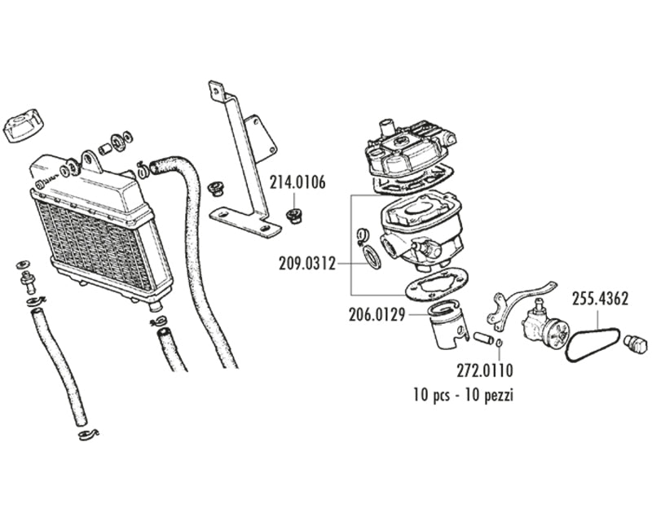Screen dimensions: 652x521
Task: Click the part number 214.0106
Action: [x=297, y=182]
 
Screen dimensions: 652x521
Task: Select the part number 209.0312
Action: [x=307, y=264]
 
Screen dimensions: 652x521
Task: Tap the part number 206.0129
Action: [x=377, y=315]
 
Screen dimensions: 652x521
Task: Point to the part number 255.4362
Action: [x=600, y=299]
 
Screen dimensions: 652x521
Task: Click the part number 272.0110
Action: [x=485, y=370]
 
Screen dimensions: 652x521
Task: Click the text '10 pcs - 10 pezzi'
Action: [x=463, y=394]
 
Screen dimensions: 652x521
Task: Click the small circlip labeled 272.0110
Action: [x=500, y=342]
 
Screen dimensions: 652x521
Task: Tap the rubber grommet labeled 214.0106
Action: [x=294, y=216]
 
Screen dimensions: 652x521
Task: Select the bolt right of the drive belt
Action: [x=635, y=344]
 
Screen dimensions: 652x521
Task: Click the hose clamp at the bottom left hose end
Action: [x=88, y=434]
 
